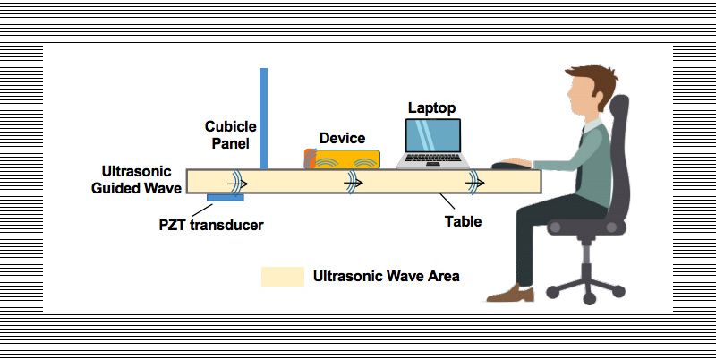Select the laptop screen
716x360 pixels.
pyautogui.click(x=433, y=134)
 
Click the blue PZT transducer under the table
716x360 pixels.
pyautogui.click(x=220, y=197)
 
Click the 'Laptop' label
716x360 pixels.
pyautogui.click(x=432, y=107)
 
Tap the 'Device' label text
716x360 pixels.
pyautogui.click(x=343, y=138)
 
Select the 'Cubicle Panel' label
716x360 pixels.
pyautogui.click(x=227, y=134)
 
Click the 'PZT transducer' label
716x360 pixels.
pyautogui.click(x=211, y=225)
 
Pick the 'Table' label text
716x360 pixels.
pyautogui.click(x=465, y=221)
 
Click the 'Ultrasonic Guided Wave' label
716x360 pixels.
pyautogui.click(x=142, y=179)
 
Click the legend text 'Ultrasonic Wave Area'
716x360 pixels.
pyautogui.click(x=387, y=276)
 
